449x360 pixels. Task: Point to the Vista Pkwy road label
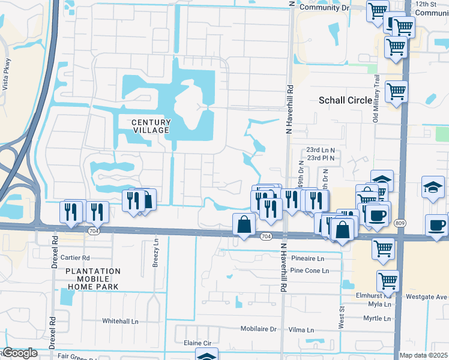click(x=7, y=73)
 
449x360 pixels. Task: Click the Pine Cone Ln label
click(x=309, y=271)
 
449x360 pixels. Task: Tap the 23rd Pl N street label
click(x=321, y=158)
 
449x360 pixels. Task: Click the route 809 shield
click(x=399, y=223)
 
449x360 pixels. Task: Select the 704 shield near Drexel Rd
click(x=92, y=230)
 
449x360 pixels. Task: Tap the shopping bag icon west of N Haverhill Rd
click(x=245, y=225)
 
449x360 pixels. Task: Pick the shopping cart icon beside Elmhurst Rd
click(x=388, y=280)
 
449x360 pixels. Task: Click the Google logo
click(x=19, y=353)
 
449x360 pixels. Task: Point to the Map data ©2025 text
click(x=423, y=355)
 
